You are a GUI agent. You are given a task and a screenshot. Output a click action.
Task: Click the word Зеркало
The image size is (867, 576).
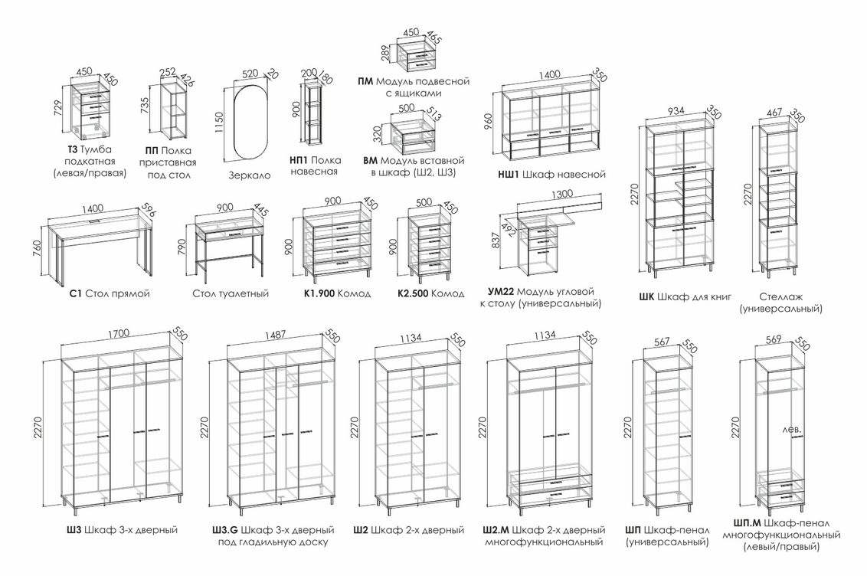[x=250, y=175]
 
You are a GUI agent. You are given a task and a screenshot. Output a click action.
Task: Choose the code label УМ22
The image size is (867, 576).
[x=500, y=292]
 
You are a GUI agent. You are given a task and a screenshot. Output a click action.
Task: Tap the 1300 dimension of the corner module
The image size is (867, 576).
[x=556, y=194]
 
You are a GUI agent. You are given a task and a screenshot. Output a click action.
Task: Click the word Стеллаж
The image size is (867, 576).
[x=780, y=296]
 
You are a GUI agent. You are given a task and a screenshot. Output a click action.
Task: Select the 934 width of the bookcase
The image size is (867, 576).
[x=676, y=112]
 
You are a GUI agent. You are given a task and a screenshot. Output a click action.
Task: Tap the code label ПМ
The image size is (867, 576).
[x=365, y=81]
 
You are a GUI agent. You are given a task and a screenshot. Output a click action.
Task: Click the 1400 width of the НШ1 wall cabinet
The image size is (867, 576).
[x=549, y=74]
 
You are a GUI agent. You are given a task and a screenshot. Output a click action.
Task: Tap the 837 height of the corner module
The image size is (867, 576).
[x=496, y=240]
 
